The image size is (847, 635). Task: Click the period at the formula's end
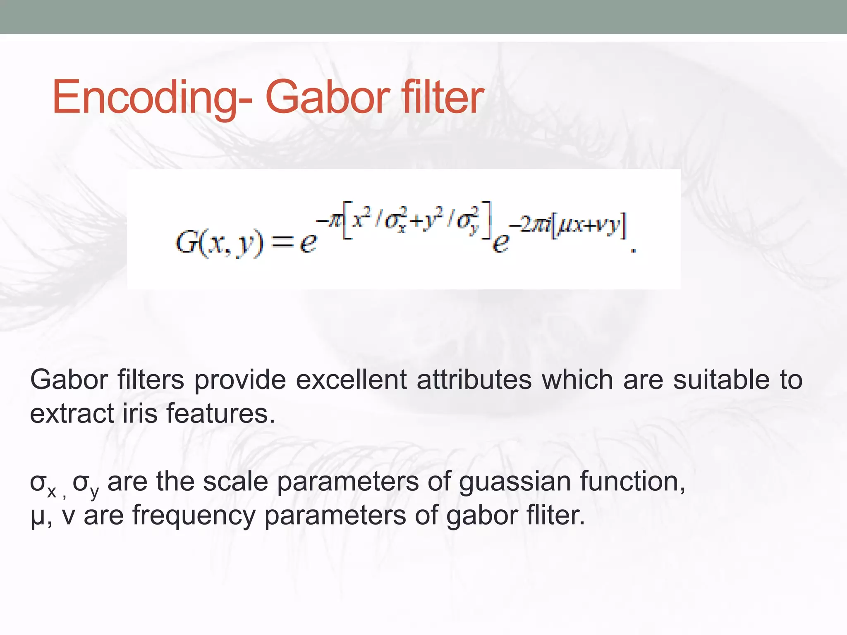click(633, 250)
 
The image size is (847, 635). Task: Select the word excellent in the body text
click(351, 380)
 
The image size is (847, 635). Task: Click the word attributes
click(474, 380)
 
